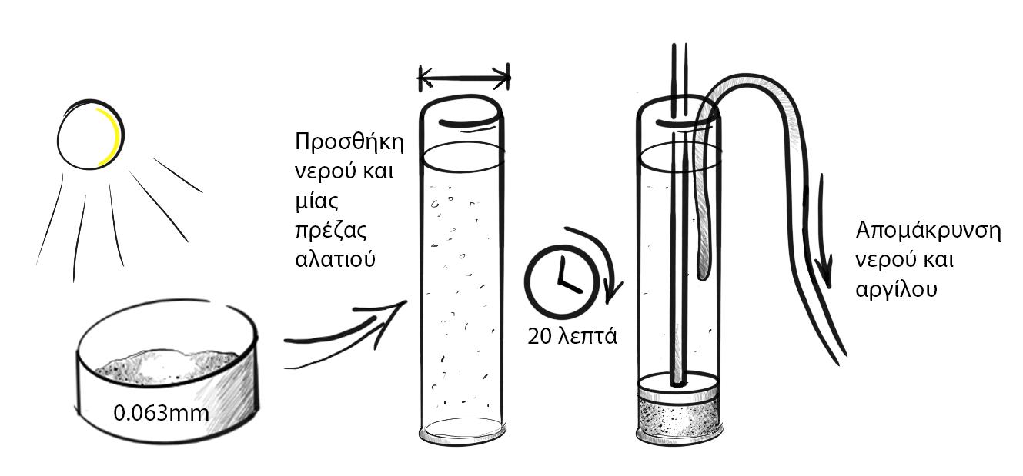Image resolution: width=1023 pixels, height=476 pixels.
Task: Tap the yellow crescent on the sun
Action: (115, 137)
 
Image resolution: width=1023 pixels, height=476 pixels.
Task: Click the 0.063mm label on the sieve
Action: (161, 413)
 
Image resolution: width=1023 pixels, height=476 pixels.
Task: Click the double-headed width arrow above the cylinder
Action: (463, 77)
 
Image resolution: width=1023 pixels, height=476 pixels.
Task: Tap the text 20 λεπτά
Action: (572, 336)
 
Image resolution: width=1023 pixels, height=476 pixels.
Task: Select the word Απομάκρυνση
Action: (928, 231)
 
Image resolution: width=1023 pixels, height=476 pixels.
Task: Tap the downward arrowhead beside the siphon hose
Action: (824, 273)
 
